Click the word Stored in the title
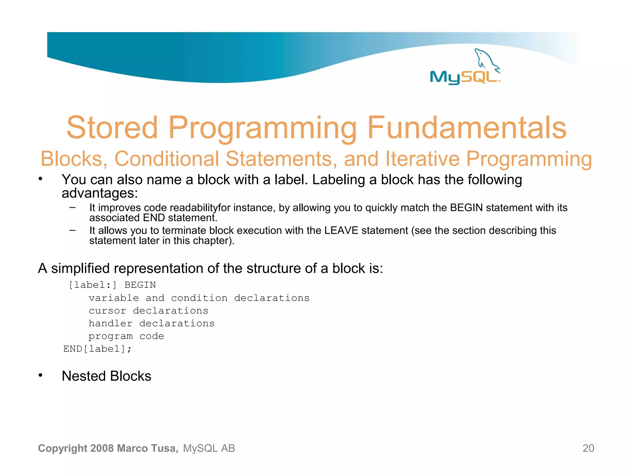tap(112, 127)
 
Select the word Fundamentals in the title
tap(467, 127)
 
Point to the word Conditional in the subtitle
tap(167, 159)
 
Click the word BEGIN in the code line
tap(140, 285)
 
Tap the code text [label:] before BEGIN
tap(92, 285)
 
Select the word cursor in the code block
tap(107, 310)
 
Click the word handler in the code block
tap(110, 323)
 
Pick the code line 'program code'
tap(126, 336)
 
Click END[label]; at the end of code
tap(97, 349)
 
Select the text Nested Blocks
tap(106, 376)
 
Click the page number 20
tap(588, 448)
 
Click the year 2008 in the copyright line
tap(102, 448)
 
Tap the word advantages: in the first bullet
tap(100, 194)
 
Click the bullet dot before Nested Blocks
tap(40, 375)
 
